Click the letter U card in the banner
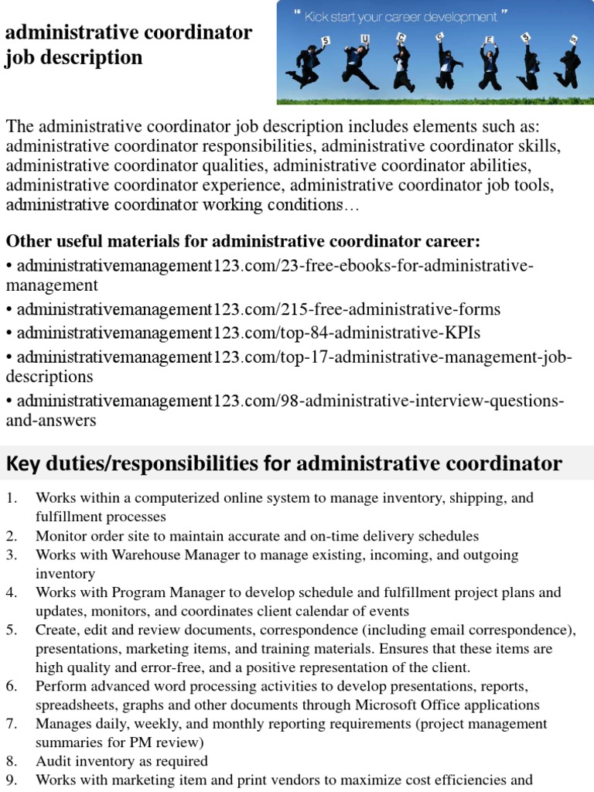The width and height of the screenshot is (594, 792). click(365, 38)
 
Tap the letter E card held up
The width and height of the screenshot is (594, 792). click(488, 39)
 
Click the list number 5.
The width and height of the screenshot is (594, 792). click(12, 630)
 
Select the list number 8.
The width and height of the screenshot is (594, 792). click(12, 761)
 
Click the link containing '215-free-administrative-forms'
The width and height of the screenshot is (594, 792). click(258, 309)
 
